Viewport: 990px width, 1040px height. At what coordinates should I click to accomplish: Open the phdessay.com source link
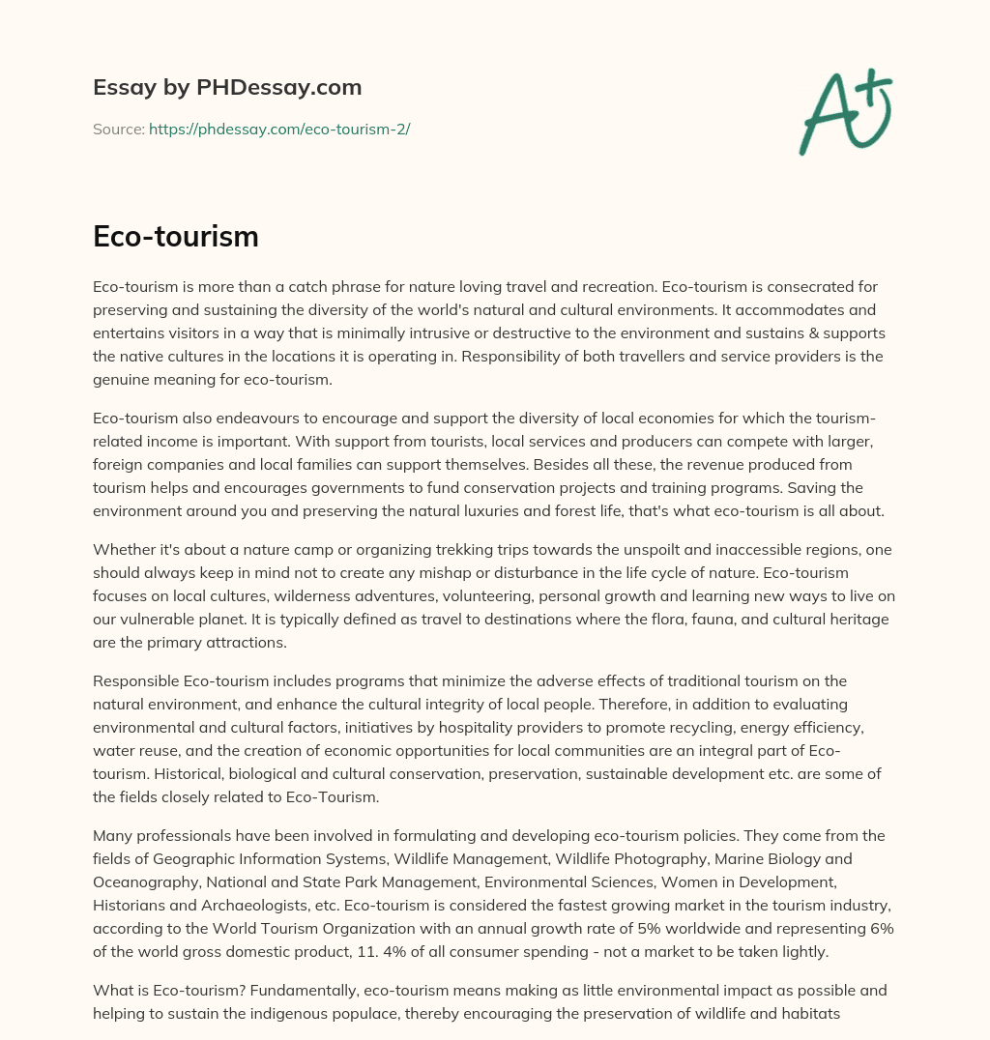click(x=279, y=129)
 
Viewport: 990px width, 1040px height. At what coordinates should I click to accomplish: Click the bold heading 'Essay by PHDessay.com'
click(x=227, y=87)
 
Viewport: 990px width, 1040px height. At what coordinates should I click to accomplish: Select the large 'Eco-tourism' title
click(x=176, y=236)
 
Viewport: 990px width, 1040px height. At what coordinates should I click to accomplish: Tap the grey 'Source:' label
click(x=119, y=129)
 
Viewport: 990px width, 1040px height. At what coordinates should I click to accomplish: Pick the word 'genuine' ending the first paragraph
click(x=120, y=380)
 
